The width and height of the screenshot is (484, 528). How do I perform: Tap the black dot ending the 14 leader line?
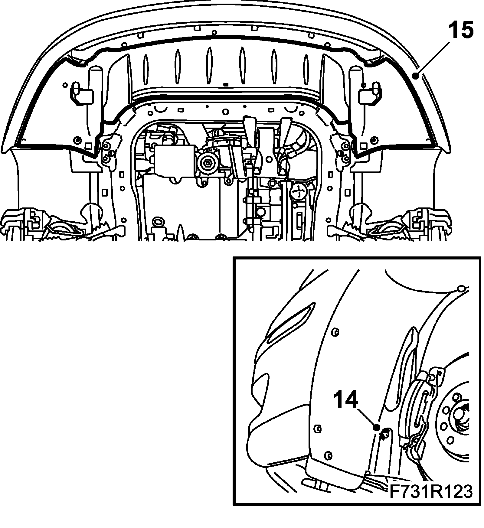tap(376, 427)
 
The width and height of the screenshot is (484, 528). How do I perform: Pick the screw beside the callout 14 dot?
tap(385, 435)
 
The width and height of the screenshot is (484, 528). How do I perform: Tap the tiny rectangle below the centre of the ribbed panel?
tap(225, 85)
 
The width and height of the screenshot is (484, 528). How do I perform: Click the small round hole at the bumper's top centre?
tap(214, 32)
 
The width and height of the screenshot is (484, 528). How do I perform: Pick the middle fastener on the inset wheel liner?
tap(318, 428)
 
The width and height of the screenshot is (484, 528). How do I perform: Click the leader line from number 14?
tap(367, 418)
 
